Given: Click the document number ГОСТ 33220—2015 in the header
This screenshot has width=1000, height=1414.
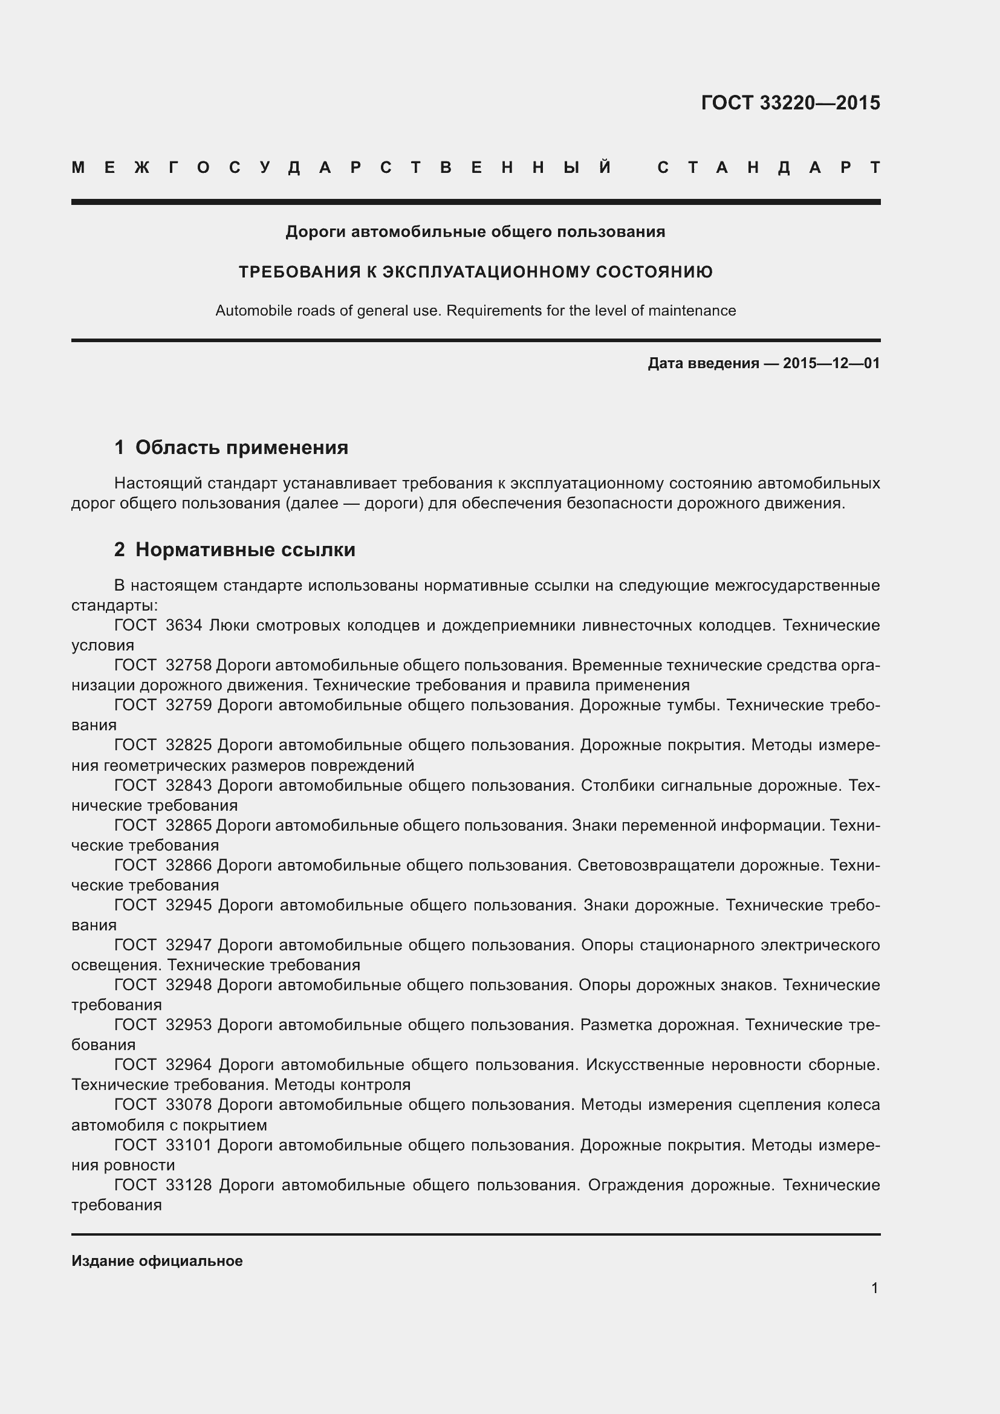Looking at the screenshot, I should (x=790, y=103).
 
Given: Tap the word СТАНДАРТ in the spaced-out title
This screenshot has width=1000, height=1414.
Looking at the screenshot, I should (x=768, y=168).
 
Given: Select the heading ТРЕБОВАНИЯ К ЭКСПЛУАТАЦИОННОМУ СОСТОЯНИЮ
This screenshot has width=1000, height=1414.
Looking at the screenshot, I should (x=475, y=272).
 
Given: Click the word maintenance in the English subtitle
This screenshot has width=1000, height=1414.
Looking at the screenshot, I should (x=691, y=311).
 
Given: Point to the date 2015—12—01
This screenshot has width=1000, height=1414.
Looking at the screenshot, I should (x=831, y=363).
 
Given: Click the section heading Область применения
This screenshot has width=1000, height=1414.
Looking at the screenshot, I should (x=241, y=447).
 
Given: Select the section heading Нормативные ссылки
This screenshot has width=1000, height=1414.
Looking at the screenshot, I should (x=245, y=550).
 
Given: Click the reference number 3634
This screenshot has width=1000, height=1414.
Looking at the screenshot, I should (x=184, y=626).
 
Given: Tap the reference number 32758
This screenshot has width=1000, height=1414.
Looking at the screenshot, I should (x=189, y=666).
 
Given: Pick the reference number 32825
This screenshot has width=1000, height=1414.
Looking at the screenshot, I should (x=189, y=745).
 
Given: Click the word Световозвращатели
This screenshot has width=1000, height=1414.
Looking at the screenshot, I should (x=656, y=865).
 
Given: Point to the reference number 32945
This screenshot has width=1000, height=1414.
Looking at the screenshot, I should (x=189, y=906).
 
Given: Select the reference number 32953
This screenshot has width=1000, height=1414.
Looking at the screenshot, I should (x=189, y=1025).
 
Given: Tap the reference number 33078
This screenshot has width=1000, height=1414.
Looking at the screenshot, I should (x=189, y=1105).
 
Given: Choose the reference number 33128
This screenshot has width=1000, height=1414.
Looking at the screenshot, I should (x=189, y=1185).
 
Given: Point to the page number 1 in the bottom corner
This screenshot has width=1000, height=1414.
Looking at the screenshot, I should (x=874, y=1288).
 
